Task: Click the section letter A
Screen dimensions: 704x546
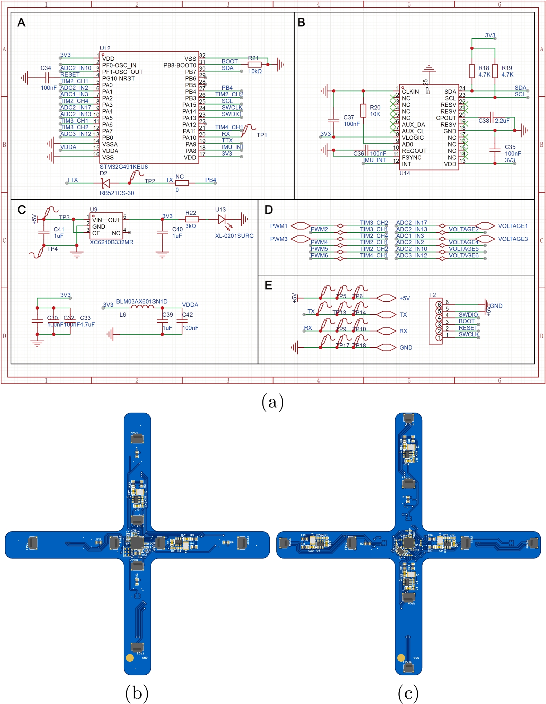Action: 21,23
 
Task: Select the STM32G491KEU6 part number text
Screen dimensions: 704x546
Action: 123,167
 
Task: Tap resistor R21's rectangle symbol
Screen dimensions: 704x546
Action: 254,64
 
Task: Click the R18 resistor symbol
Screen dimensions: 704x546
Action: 471,71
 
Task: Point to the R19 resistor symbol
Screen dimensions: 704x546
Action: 495,71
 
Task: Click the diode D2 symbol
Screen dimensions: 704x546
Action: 105,183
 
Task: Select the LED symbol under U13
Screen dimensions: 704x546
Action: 222,219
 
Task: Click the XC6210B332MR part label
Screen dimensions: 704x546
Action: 111,243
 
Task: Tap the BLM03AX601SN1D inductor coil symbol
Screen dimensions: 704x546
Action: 142,307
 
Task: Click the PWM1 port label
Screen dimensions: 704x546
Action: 279,226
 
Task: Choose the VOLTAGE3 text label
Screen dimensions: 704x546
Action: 513,239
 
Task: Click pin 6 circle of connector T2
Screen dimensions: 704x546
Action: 439,305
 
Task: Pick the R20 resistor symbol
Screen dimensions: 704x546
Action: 363,111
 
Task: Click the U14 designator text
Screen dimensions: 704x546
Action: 405,173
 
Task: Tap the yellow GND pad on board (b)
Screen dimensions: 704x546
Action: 130,658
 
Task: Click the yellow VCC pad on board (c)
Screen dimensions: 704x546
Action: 401,657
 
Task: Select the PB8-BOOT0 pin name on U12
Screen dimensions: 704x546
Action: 180,65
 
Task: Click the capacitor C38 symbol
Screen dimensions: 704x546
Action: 492,117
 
